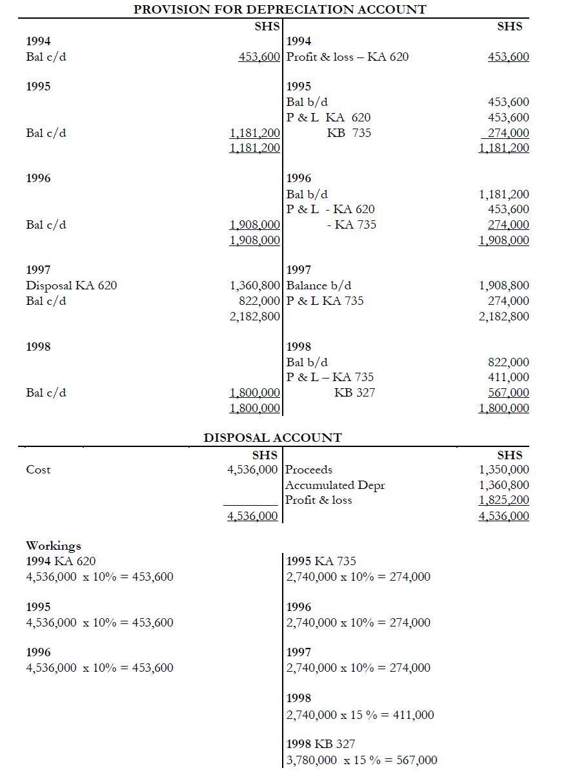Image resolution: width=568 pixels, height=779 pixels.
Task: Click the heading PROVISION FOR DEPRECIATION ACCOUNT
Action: [279, 10]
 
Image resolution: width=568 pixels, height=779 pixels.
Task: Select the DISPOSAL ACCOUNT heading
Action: [272, 437]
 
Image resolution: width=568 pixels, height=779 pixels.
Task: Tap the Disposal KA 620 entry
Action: [72, 286]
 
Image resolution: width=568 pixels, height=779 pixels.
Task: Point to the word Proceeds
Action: [309, 470]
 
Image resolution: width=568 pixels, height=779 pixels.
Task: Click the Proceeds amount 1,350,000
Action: [503, 470]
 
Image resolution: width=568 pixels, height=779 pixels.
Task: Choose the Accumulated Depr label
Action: [335, 485]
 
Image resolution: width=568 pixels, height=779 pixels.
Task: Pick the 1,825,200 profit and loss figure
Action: [503, 500]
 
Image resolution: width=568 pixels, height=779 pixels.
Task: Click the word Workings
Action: [54, 546]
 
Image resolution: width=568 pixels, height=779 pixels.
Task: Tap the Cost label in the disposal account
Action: [38, 470]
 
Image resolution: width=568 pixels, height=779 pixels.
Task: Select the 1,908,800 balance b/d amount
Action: [503, 286]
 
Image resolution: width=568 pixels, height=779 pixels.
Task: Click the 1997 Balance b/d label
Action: [319, 286]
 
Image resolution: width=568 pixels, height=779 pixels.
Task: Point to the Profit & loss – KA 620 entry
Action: [347, 57]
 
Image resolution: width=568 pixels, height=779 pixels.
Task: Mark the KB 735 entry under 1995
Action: [349, 133]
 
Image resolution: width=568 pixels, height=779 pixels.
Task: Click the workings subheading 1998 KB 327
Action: [320, 744]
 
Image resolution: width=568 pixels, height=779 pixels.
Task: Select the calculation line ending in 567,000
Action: [361, 760]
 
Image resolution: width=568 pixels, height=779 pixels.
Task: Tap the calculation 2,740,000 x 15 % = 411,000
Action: [360, 715]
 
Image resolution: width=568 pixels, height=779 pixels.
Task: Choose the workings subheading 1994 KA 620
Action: [61, 561]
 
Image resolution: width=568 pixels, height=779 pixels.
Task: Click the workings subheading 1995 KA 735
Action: [321, 561]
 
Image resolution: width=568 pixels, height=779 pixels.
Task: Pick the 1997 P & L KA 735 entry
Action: [325, 301]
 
